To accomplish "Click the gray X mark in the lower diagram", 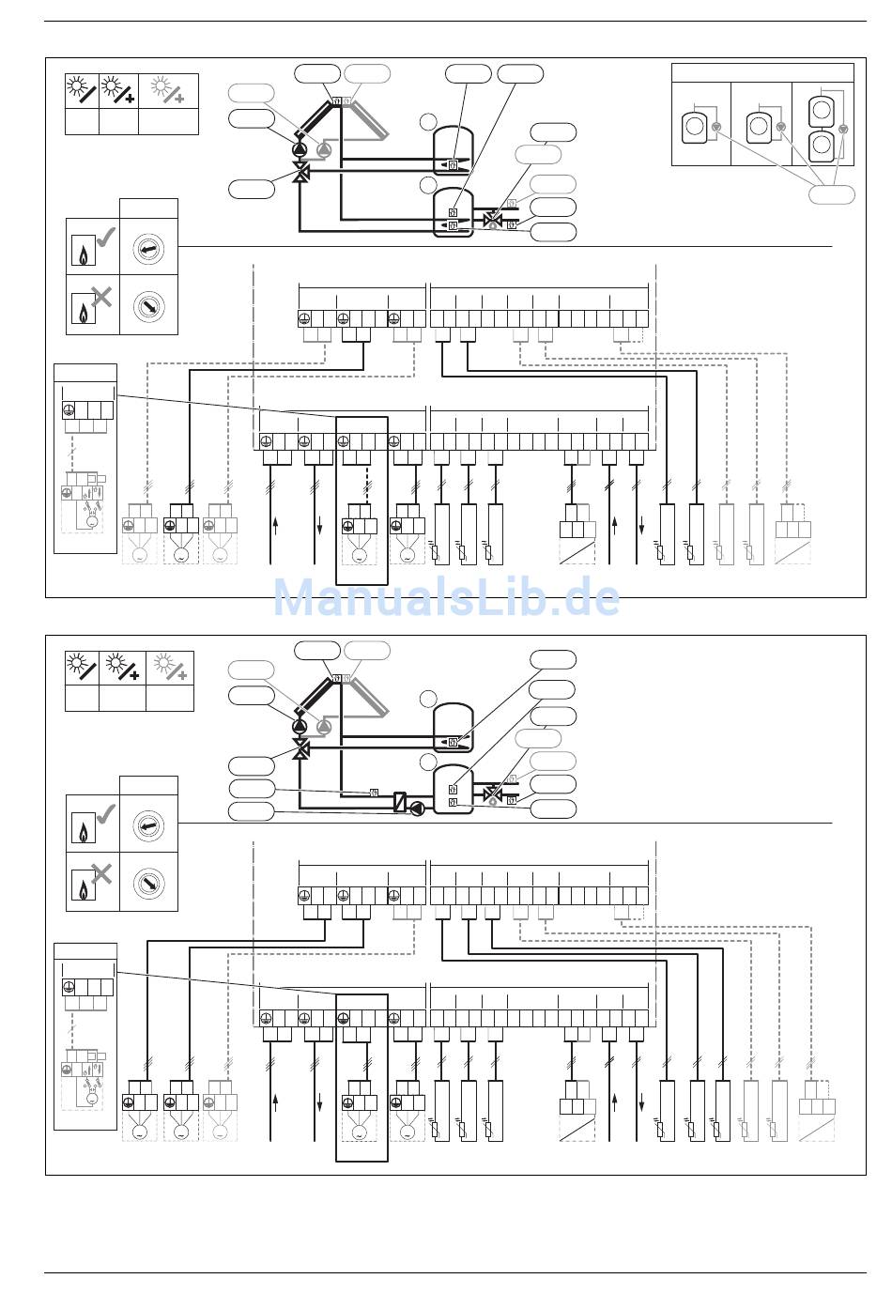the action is (x=101, y=875).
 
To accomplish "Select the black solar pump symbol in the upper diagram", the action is (x=300, y=149).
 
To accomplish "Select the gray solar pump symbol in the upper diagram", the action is (x=324, y=149).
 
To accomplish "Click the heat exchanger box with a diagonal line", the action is (x=400, y=802).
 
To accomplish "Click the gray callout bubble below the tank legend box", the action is (x=832, y=194).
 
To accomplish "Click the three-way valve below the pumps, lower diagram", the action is (x=300, y=750).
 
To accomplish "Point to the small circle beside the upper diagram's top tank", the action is (x=428, y=121).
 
